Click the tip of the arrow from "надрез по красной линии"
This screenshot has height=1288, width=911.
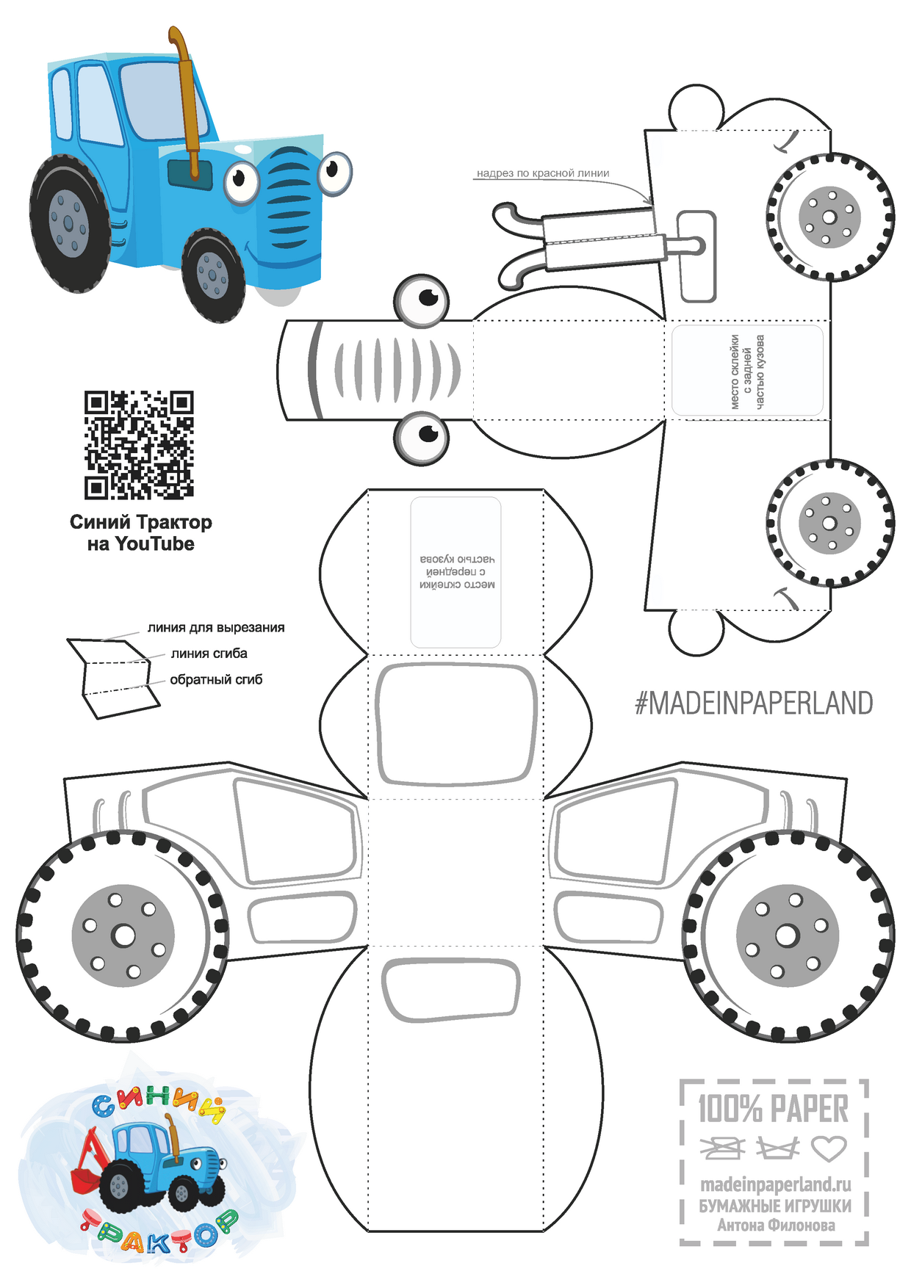(652, 205)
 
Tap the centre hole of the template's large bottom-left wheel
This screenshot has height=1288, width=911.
(123, 936)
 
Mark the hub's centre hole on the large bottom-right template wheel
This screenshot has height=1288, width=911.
(787, 936)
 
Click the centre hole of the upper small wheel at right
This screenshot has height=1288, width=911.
(829, 217)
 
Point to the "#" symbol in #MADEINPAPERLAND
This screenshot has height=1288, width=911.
(642, 703)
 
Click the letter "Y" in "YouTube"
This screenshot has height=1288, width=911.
(122, 544)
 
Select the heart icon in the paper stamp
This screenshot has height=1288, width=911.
(829, 1148)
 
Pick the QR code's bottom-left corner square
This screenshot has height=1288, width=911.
(96, 487)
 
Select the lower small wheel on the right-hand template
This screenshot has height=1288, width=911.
(829, 523)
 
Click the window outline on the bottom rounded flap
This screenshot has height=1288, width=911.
(450, 990)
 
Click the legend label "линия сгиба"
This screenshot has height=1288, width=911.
(209, 654)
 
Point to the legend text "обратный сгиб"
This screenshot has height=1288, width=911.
(216, 680)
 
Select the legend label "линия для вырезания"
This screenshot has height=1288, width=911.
(216, 628)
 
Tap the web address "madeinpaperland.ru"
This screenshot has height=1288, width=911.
(775, 1184)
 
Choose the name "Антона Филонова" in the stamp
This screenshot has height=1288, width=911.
(776, 1225)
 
